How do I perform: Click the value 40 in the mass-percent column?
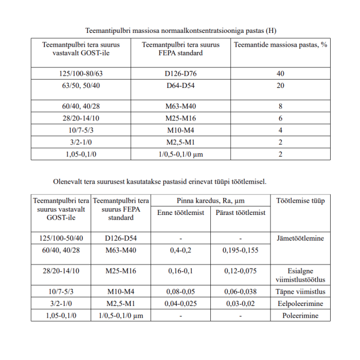(280, 74)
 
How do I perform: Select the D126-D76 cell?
(181, 74)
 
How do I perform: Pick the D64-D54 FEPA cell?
(181, 85)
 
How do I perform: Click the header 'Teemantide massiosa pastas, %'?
(280, 45)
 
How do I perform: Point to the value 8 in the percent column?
(280, 107)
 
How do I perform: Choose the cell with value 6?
(280, 118)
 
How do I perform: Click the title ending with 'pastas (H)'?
(181, 30)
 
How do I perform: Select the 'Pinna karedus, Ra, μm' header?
(210, 201)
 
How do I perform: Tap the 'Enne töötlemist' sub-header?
(180, 212)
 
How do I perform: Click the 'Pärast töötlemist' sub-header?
(241, 212)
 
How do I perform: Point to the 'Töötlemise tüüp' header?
(300, 201)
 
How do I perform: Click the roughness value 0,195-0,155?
(241, 250)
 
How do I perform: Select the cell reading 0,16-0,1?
(180, 271)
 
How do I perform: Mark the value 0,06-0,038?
(241, 292)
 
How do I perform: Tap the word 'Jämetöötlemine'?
(300, 239)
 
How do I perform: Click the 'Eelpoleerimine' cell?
(300, 303)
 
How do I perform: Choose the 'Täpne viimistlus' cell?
(300, 292)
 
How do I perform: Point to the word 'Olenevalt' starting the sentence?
(68, 182)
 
